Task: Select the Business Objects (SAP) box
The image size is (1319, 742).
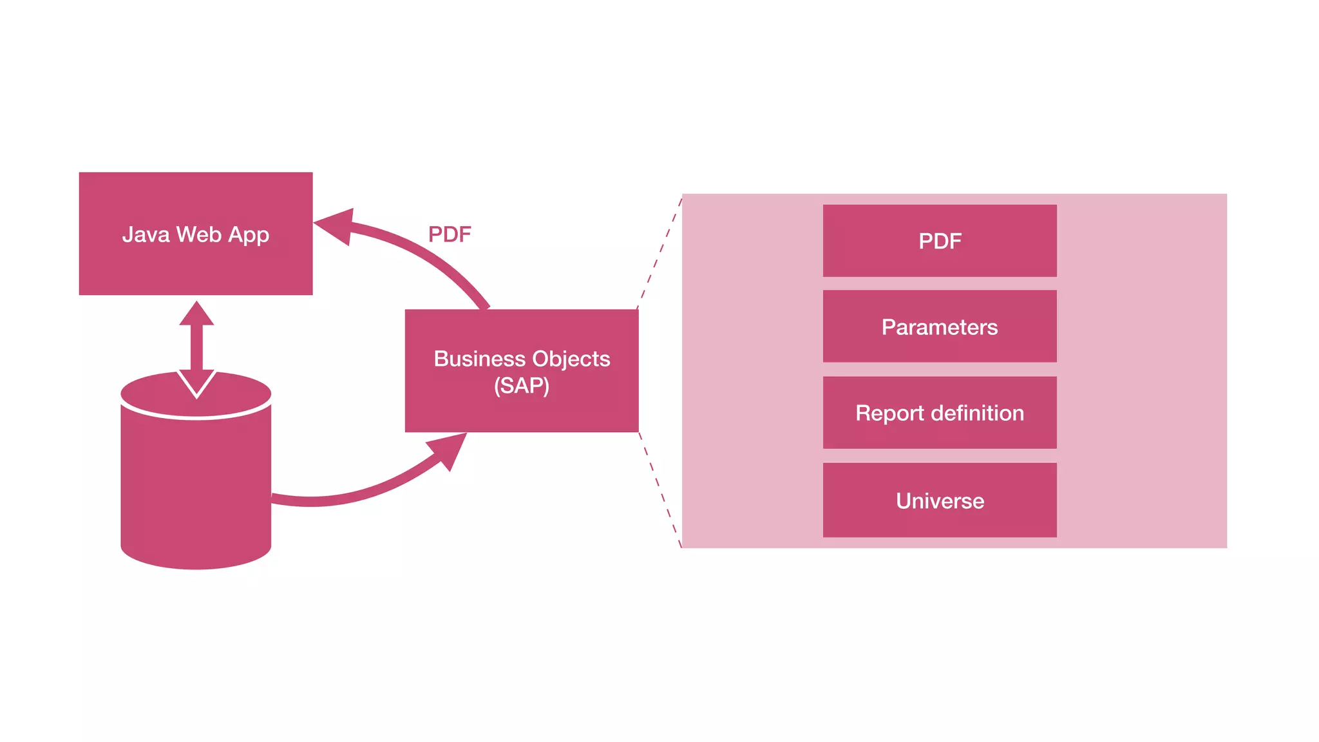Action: tap(522, 412)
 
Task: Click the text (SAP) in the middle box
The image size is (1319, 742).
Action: tap(522, 386)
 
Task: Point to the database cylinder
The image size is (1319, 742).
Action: tap(196, 490)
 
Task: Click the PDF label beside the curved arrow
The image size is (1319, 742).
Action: tap(450, 234)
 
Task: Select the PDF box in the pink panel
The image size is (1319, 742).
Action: tap(940, 241)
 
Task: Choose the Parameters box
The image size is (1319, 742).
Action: tap(940, 327)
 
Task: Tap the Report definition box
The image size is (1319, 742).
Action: tap(940, 413)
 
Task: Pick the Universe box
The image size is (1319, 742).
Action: tap(940, 500)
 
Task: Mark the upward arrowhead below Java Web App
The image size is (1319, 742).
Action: tap(196, 315)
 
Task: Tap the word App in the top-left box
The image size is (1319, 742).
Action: tap(248, 235)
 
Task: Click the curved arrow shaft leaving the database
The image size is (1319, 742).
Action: tap(348, 497)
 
